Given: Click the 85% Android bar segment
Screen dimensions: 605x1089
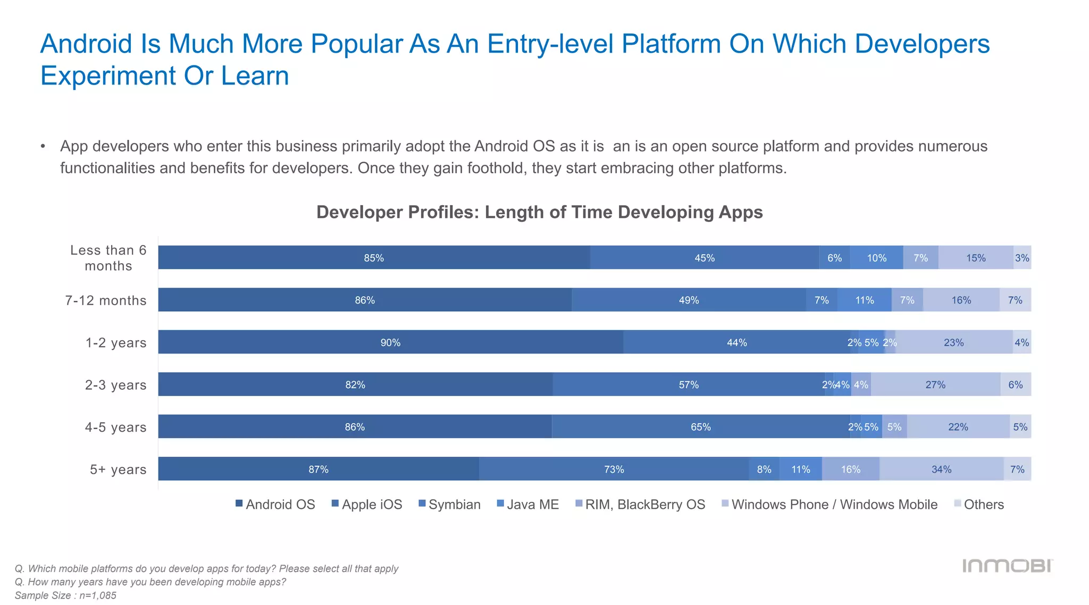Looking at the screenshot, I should click(x=374, y=258).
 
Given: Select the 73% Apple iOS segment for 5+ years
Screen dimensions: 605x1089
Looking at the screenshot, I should click(x=614, y=469).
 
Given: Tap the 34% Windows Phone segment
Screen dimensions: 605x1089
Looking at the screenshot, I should click(x=941, y=469).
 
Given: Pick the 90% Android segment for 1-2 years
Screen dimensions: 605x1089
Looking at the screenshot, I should click(x=390, y=342).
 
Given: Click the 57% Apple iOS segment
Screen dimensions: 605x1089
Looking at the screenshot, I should click(x=689, y=384).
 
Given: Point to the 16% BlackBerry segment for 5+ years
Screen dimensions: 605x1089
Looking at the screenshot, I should click(x=850, y=469).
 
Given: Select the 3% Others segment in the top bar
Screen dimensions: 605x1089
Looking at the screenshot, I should click(x=1022, y=258).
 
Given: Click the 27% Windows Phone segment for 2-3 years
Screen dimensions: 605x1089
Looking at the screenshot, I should click(x=935, y=384).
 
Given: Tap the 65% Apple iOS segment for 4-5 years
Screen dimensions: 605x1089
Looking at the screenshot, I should click(x=700, y=427).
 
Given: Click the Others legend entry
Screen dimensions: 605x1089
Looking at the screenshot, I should click(x=979, y=505).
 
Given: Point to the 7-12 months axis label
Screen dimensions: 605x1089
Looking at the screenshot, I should click(x=106, y=300).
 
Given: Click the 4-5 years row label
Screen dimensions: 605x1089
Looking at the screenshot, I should click(x=115, y=427).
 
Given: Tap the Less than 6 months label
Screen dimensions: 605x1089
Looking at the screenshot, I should click(x=108, y=258).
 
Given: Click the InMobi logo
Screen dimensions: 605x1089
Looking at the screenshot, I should click(x=1007, y=566).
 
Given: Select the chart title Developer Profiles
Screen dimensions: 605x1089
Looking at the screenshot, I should click(x=539, y=212).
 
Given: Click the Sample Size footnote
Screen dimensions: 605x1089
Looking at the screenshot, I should click(x=65, y=595).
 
